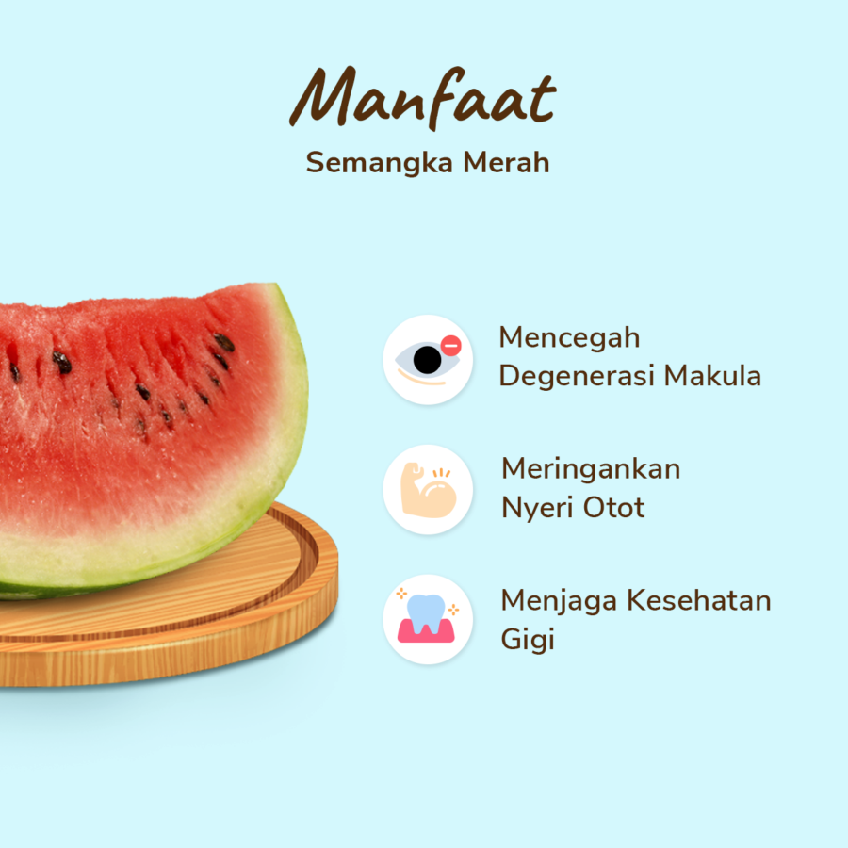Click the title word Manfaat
coord(422,100)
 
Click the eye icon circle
coord(428,360)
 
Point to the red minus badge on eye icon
coord(450,346)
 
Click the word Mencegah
coord(569,337)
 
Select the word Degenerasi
coord(577,376)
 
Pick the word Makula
coord(712,376)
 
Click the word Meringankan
coord(591,468)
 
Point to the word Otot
coord(613,508)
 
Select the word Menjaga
coord(554,601)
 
